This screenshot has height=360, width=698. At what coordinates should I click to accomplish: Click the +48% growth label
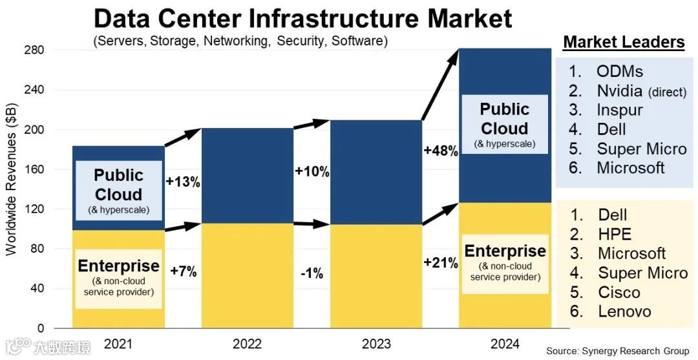click(x=441, y=151)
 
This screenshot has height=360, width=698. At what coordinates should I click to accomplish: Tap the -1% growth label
click(x=312, y=273)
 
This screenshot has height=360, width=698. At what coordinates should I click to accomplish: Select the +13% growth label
click(x=183, y=182)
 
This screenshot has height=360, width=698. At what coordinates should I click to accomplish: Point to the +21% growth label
click(x=441, y=263)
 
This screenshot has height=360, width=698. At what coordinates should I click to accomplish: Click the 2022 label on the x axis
click(x=247, y=344)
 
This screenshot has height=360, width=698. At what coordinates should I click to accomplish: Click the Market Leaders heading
click(x=624, y=43)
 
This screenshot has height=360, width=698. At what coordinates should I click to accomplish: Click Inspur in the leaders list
click(x=619, y=110)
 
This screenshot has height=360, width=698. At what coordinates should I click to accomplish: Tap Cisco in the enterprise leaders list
click(x=619, y=292)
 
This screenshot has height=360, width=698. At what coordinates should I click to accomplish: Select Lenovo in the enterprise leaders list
click(x=624, y=312)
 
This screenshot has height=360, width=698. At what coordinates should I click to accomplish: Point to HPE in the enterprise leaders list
click(x=614, y=234)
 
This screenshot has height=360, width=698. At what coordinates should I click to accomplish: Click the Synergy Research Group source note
click(x=617, y=351)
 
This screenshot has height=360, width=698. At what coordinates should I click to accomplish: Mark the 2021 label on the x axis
click(x=118, y=344)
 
